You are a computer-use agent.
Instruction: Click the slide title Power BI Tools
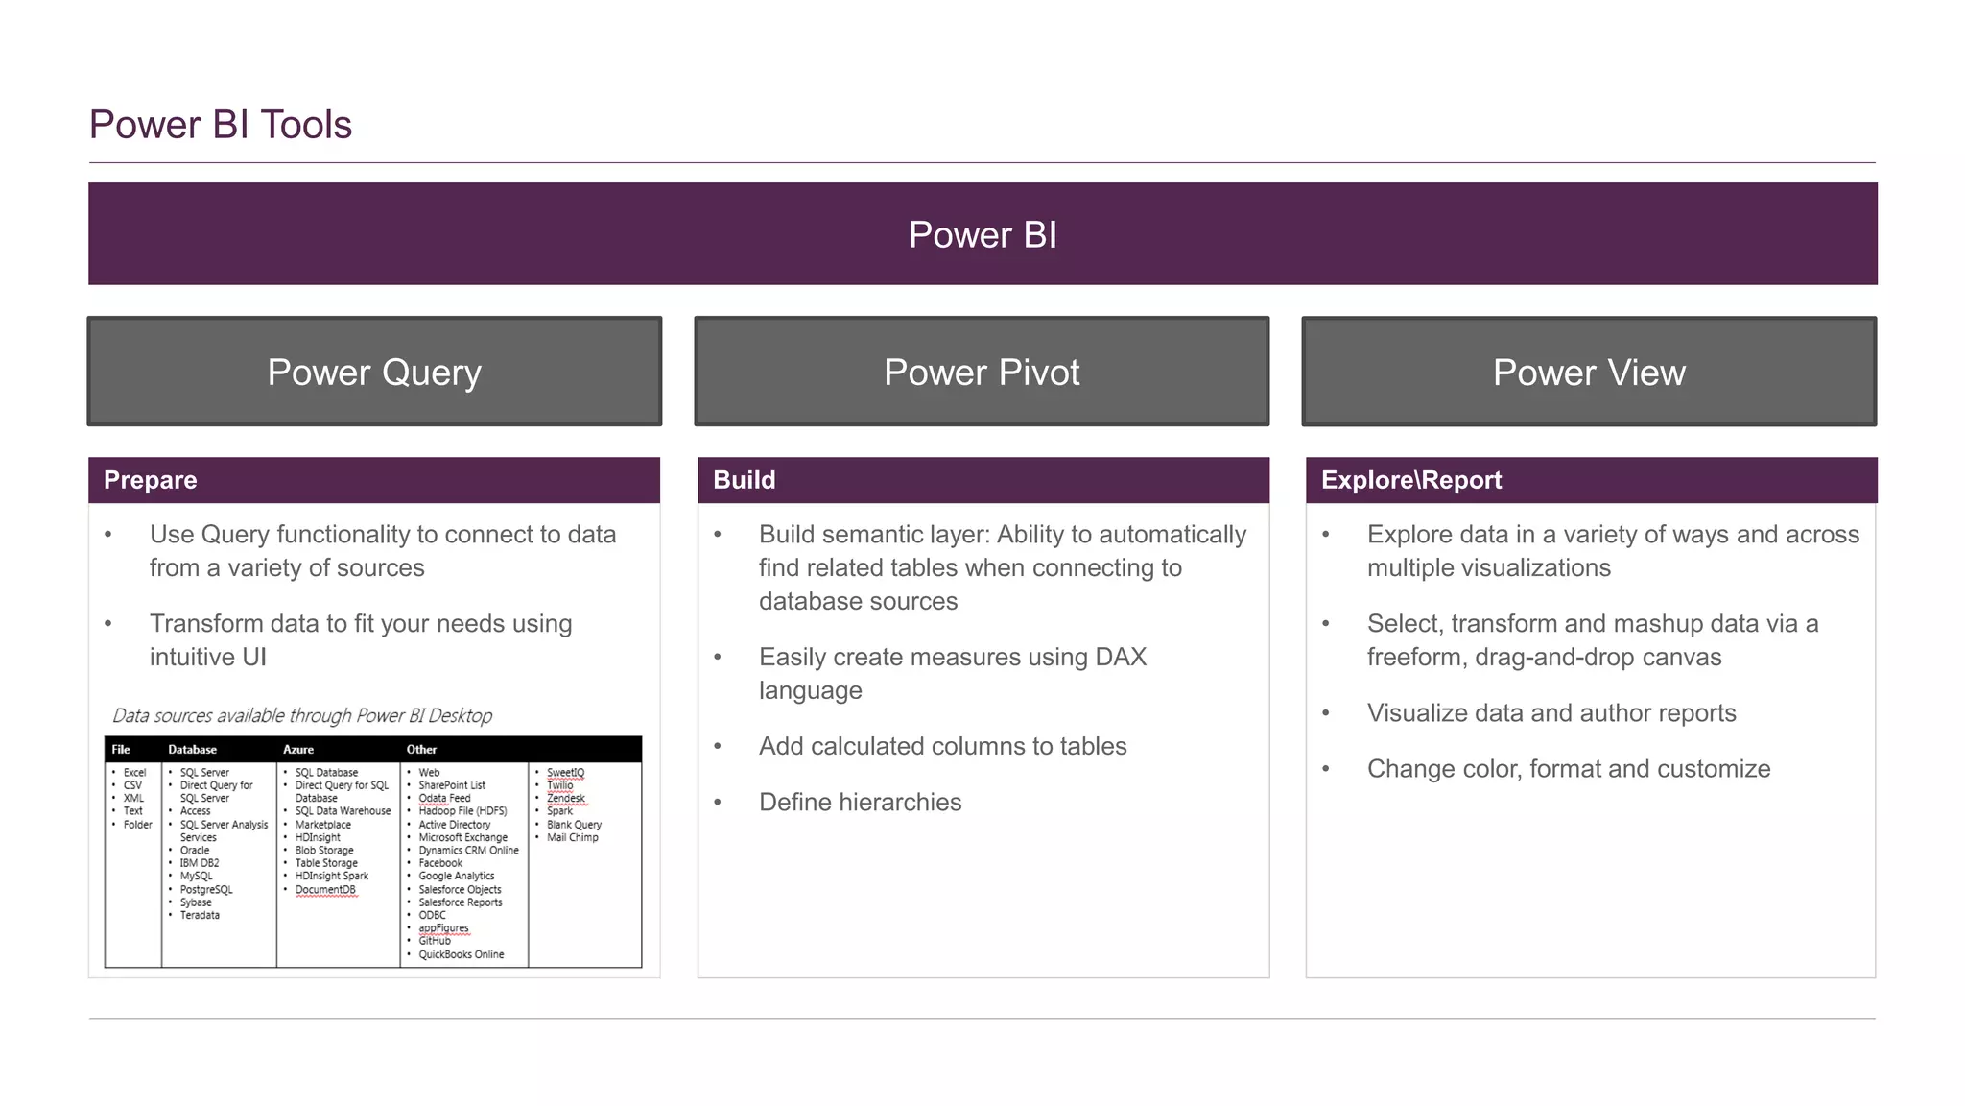(221, 125)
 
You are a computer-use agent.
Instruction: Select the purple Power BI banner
(982, 234)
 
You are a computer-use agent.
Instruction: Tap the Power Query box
(374, 372)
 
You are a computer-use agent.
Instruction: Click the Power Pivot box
(982, 372)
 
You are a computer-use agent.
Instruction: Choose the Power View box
(1589, 372)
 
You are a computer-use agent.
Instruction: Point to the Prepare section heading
(151, 480)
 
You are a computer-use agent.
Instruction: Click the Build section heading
(745, 480)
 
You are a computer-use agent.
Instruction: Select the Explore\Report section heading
(1411, 480)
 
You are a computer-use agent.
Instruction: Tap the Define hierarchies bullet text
(860, 802)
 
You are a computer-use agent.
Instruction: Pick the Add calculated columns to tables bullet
(942, 746)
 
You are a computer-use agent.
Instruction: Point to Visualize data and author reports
(1551, 712)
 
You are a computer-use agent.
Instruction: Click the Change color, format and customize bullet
(1569, 768)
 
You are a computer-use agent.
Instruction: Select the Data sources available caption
(302, 715)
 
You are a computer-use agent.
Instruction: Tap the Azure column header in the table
(298, 750)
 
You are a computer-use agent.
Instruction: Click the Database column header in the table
(192, 750)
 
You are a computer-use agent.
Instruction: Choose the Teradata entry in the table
(200, 915)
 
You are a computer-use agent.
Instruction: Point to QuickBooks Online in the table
(461, 954)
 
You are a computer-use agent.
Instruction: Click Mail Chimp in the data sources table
(572, 837)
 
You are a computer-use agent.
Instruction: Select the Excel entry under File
(134, 772)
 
